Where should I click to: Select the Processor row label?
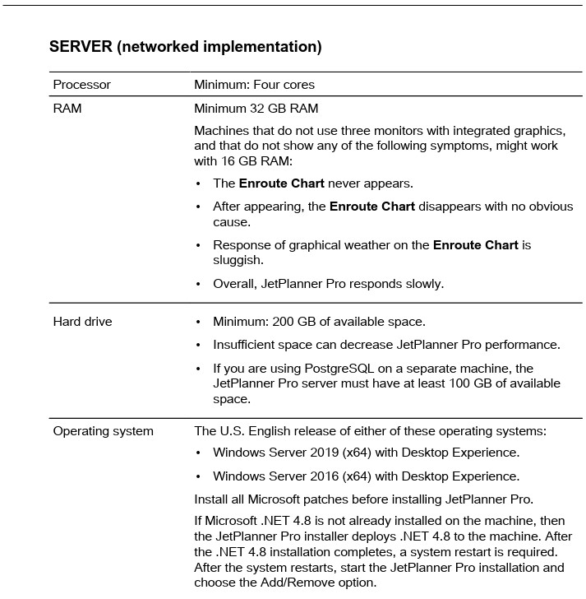point(81,85)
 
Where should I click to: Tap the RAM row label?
point(67,109)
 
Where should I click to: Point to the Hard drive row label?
point(82,322)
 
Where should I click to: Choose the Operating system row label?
point(103,431)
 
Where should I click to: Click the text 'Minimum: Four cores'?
point(254,85)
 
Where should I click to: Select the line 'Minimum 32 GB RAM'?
point(256,109)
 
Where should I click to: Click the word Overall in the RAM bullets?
point(233,284)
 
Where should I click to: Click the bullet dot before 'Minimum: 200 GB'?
point(199,322)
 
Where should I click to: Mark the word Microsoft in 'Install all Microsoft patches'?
point(279,499)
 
